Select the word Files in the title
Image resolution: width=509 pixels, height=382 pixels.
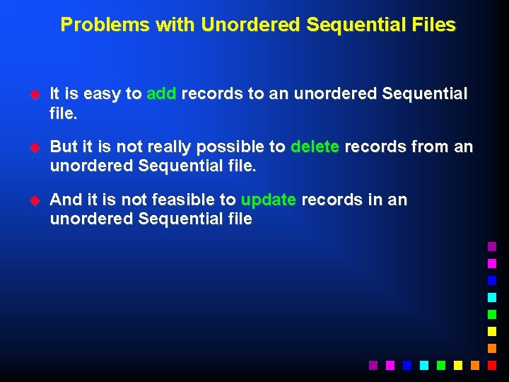click(435, 25)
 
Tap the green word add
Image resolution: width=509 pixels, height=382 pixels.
click(161, 94)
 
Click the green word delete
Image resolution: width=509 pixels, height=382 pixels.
click(315, 147)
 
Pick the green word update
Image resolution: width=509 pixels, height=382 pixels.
click(268, 200)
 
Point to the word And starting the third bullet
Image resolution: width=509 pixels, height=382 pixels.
click(66, 200)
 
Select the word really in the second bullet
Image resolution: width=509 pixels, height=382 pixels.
click(170, 147)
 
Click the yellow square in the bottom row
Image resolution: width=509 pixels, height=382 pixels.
click(458, 365)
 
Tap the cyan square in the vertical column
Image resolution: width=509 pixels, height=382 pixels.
click(492, 297)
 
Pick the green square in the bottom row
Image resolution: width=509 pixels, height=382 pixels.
click(441, 365)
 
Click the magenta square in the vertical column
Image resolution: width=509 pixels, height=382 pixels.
click(492, 263)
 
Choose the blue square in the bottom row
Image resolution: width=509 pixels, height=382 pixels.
click(407, 365)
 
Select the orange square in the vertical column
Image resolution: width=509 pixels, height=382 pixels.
click(492, 348)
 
